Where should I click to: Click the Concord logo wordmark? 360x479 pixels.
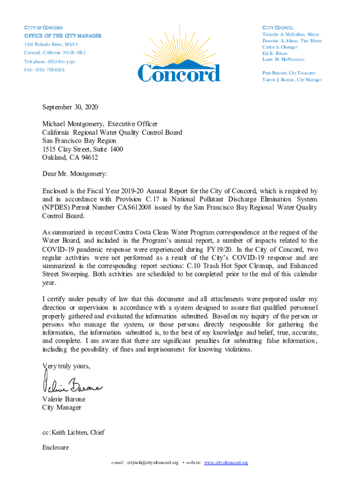coord(179,73)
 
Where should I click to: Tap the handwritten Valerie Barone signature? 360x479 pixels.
coord(72,385)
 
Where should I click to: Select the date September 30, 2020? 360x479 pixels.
coord(70,107)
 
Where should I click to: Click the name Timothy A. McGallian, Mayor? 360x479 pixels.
coord(291,35)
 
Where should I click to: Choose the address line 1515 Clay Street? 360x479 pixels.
coord(83,149)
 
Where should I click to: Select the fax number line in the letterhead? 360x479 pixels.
coord(44,70)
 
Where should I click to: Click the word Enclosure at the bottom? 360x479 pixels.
coord(55,448)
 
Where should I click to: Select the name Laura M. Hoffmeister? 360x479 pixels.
coord(283,59)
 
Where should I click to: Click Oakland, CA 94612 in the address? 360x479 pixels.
coord(70,158)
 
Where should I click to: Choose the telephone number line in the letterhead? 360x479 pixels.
coord(50,62)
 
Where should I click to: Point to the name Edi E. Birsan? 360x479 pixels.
coord(275,53)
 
